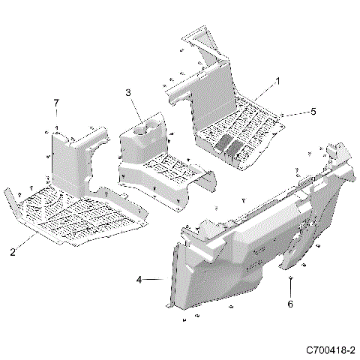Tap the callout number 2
click(13, 252)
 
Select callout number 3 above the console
click(128, 92)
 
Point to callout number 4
click(139, 280)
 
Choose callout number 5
click(314, 111)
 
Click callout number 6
click(290, 304)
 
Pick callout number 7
click(55, 102)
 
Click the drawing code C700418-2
click(330, 350)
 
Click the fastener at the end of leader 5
click(282, 115)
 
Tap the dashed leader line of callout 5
click(297, 112)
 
